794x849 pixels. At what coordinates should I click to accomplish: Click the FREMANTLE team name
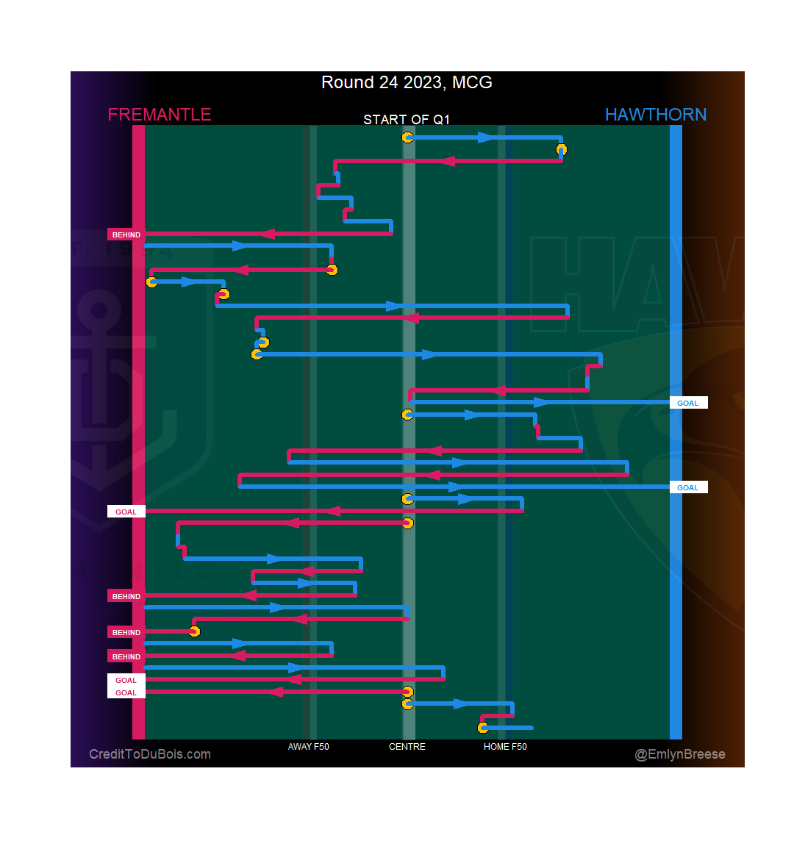point(160,115)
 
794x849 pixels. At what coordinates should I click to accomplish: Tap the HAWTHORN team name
point(655,115)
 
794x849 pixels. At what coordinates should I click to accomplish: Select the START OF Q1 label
point(407,120)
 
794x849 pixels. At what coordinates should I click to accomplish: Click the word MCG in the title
point(472,82)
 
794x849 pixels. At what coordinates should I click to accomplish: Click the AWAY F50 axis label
point(309,747)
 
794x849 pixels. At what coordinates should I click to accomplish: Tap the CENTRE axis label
point(407,747)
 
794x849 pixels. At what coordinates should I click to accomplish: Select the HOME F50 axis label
point(505,747)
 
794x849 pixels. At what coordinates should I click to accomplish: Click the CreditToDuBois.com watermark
point(150,754)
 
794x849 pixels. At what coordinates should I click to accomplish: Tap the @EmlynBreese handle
point(680,754)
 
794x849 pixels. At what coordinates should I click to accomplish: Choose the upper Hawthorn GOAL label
point(688,403)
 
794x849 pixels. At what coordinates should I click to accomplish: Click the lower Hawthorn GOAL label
point(688,487)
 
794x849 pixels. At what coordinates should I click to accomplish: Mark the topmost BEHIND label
point(126,234)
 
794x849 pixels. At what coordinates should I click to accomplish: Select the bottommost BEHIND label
point(126,656)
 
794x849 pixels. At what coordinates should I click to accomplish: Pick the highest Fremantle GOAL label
point(126,512)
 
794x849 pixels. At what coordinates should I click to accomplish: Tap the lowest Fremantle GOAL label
point(126,692)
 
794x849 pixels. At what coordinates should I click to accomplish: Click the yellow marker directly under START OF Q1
point(407,137)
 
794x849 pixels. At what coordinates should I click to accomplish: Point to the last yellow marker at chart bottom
point(483,728)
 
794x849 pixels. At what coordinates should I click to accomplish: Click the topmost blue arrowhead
point(485,137)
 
